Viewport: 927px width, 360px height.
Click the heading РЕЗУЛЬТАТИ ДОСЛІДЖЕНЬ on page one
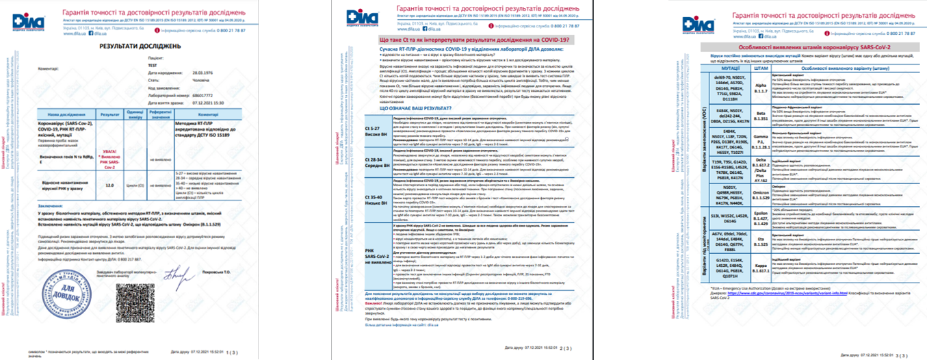(x=140, y=46)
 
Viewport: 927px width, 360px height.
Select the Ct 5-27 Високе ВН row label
(x=373, y=131)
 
